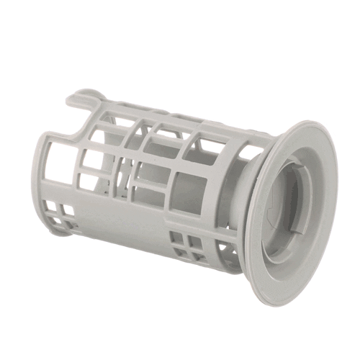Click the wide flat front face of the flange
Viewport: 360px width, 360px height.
[320, 238]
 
